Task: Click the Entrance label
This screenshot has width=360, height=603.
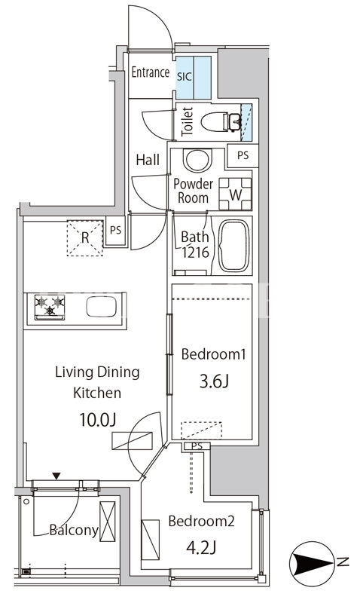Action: [x=150, y=72]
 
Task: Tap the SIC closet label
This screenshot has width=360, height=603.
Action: [x=184, y=76]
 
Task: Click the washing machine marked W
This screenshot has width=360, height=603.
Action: [x=235, y=194]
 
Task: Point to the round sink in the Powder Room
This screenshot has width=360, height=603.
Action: [x=197, y=160]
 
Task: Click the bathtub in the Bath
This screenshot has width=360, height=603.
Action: [x=233, y=246]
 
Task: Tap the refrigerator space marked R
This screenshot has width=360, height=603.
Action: [x=85, y=237]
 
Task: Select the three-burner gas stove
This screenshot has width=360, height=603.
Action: [x=50, y=308]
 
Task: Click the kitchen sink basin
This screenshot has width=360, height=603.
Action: [x=102, y=307]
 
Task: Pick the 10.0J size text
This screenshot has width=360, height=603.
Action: [x=97, y=420]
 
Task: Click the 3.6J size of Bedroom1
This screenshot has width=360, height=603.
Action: [x=214, y=381]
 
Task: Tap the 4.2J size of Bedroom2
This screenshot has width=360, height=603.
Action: [x=200, y=548]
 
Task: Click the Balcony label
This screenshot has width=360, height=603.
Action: [x=74, y=531]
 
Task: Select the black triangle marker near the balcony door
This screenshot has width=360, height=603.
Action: [x=56, y=476]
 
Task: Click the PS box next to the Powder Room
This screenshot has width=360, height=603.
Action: [x=243, y=156]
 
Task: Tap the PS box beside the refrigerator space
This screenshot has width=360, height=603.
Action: [x=115, y=231]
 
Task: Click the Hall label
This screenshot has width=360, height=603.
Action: [x=148, y=160]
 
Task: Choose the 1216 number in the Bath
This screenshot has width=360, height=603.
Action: [x=195, y=253]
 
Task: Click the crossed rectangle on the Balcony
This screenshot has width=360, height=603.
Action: [x=107, y=522]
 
